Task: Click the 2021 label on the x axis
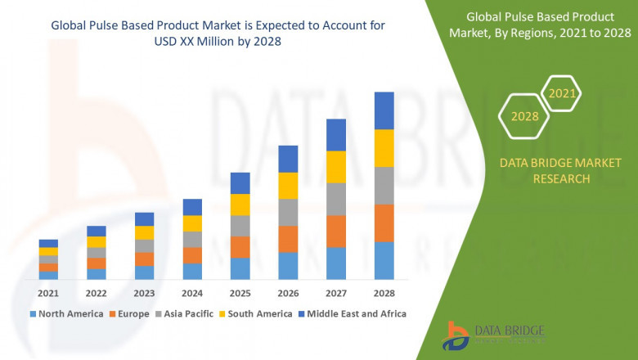(48, 292)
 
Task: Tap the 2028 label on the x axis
(384, 292)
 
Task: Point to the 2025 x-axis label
(240, 292)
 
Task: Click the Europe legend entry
(132, 313)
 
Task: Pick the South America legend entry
(258, 313)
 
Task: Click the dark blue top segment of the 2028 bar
(384, 110)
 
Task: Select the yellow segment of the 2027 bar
(335, 167)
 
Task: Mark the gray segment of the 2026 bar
(287, 212)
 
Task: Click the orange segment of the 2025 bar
(240, 247)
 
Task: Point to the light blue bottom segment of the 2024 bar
(191, 271)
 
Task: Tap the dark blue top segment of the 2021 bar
(48, 243)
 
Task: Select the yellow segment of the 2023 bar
(144, 232)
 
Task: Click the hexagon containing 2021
(562, 93)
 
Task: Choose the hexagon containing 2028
(524, 116)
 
